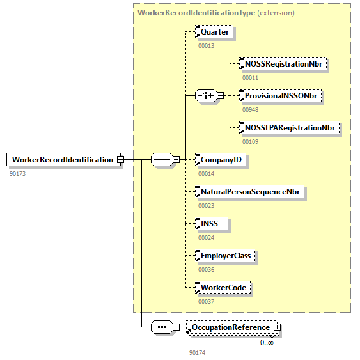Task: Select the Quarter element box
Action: click(x=214, y=31)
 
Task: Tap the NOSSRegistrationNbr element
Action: click(x=282, y=64)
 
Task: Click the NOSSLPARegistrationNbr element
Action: click(x=288, y=128)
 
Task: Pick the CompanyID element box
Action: click(x=221, y=160)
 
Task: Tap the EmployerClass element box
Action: click(x=226, y=256)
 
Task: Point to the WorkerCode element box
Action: click(x=223, y=288)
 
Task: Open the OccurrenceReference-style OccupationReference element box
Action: click(x=230, y=327)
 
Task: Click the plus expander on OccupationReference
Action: click(x=277, y=327)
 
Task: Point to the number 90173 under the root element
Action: click(x=18, y=173)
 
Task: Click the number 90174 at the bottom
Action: click(x=197, y=352)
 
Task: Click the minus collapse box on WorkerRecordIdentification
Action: click(x=120, y=160)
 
